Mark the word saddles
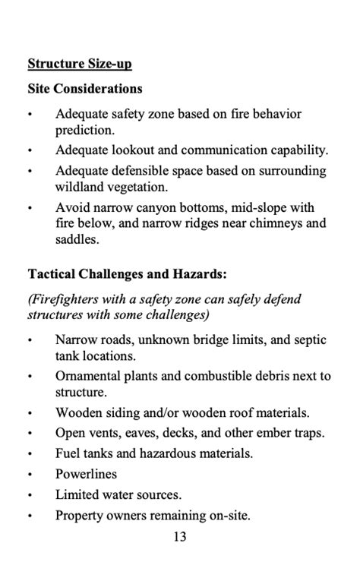(76, 239)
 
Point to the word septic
(308, 339)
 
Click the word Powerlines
(86, 474)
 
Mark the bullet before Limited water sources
(30, 495)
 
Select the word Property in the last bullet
(80, 516)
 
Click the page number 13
(180, 537)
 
